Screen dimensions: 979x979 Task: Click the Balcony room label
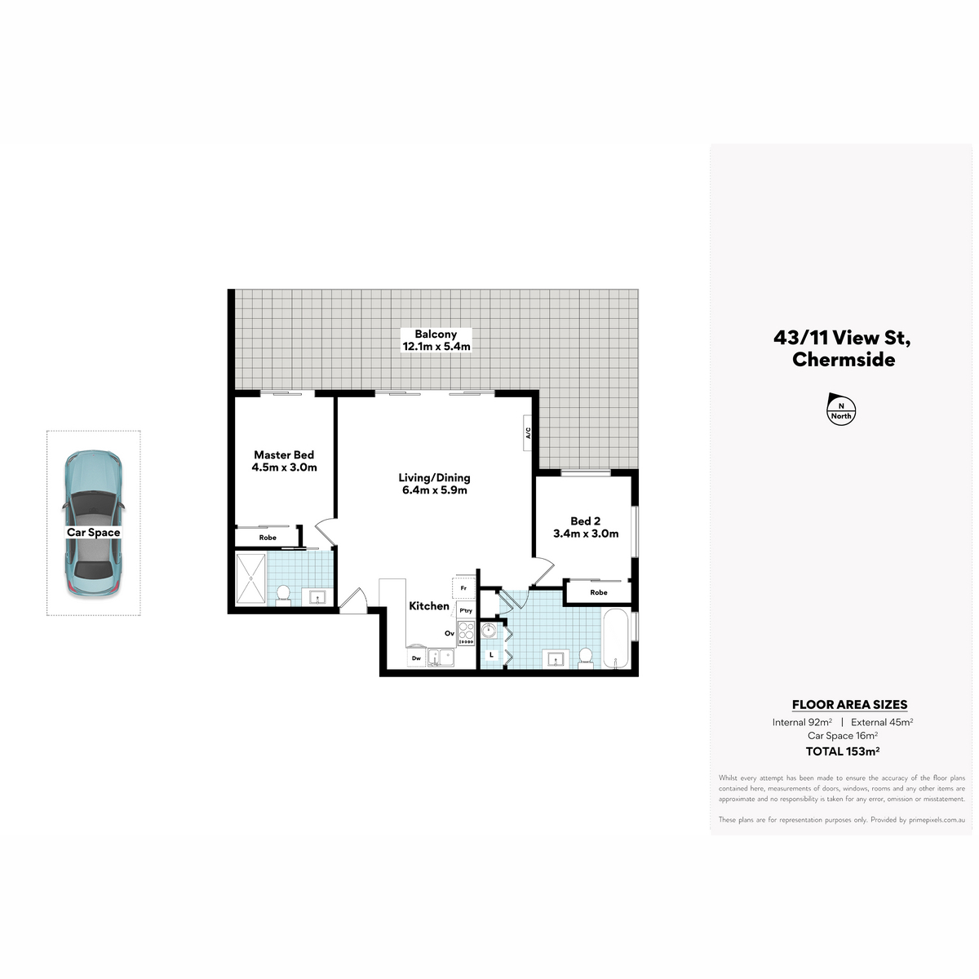(436, 334)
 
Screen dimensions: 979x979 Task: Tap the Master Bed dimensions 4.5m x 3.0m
(284, 467)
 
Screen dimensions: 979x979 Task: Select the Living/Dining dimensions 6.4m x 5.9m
(434, 490)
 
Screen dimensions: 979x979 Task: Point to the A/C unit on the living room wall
(528, 432)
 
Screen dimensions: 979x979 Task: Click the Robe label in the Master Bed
(268, 538)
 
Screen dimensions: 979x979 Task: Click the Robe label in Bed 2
(599, 592)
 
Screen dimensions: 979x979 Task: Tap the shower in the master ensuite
(251, 580)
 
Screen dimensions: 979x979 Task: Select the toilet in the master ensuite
(283, 596)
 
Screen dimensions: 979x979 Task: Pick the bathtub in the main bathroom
(616, 638)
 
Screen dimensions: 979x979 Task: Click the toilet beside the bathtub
(586, 658)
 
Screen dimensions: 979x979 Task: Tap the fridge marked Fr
(463, 587)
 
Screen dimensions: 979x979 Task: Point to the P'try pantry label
(465, 611)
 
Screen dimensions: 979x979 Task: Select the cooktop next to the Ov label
(466, 634)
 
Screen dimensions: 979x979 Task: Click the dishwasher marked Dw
(416, 658)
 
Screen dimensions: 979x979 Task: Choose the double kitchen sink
(441, 658)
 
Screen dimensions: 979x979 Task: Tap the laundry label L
(491, 655)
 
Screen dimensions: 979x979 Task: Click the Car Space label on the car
(94, 533)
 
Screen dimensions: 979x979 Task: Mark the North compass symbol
(841, 410)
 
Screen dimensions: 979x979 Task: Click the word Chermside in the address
(844, 360)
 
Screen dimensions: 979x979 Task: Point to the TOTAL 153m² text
(842, 751)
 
